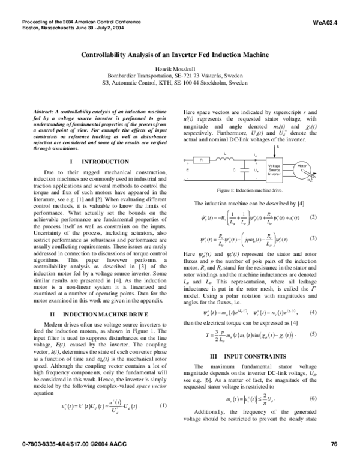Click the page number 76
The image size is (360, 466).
334,444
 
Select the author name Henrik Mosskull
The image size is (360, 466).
179,70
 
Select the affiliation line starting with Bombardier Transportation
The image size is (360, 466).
179,77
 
